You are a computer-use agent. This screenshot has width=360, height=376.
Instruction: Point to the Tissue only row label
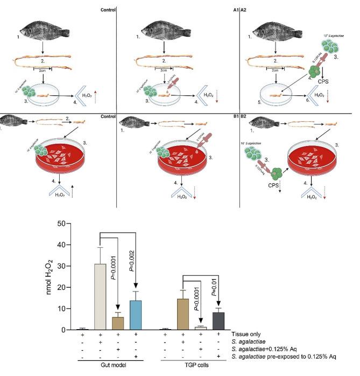(247, 335)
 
